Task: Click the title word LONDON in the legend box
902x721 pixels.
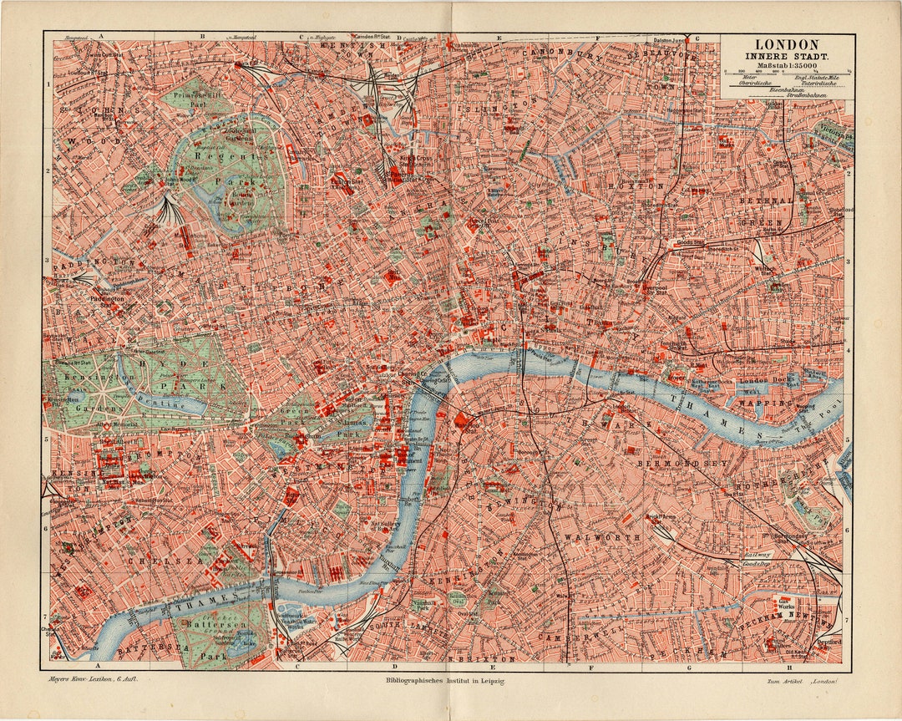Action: tap(787, 44)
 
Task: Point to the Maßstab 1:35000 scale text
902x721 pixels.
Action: tap(787, 65)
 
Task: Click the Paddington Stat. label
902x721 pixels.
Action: tap(109, 298)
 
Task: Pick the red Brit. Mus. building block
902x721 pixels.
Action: tap(391, 277)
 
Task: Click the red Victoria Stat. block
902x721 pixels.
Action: tap(290, 495)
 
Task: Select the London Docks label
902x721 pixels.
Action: tap(760, 381)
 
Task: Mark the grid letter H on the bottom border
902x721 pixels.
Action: tap(788, 667)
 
